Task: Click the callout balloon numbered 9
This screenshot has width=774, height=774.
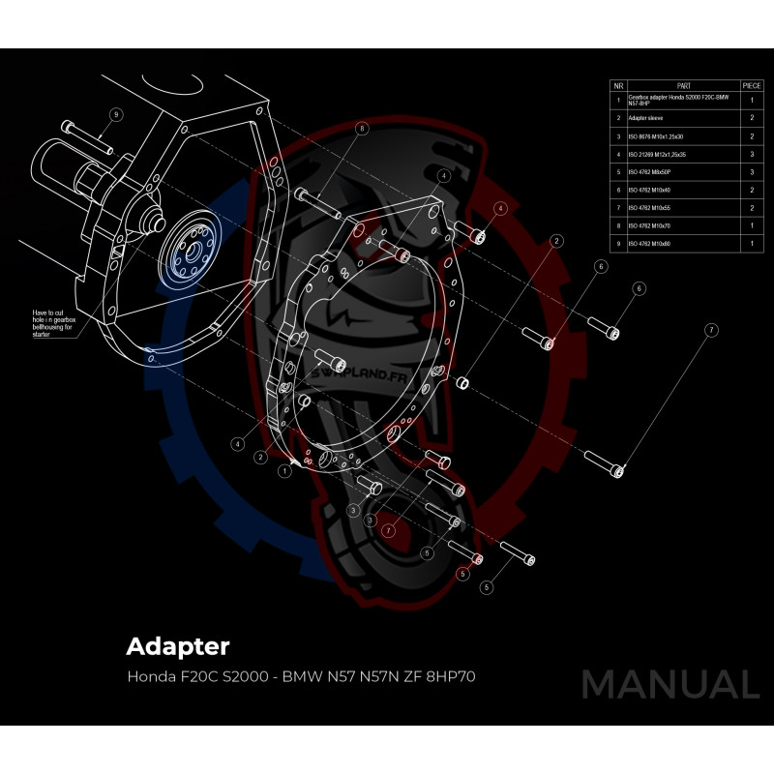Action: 115,114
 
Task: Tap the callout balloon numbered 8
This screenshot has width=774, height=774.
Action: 362,128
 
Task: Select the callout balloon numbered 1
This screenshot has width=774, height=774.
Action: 285,471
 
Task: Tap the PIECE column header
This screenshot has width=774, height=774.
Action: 752,85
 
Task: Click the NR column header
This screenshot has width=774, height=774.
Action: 617,85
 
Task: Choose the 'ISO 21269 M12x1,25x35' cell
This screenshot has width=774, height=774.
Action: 658,154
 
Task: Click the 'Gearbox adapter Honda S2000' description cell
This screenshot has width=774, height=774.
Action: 677,99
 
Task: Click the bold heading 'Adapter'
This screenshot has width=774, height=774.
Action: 178,644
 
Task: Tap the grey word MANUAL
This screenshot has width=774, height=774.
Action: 670,684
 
